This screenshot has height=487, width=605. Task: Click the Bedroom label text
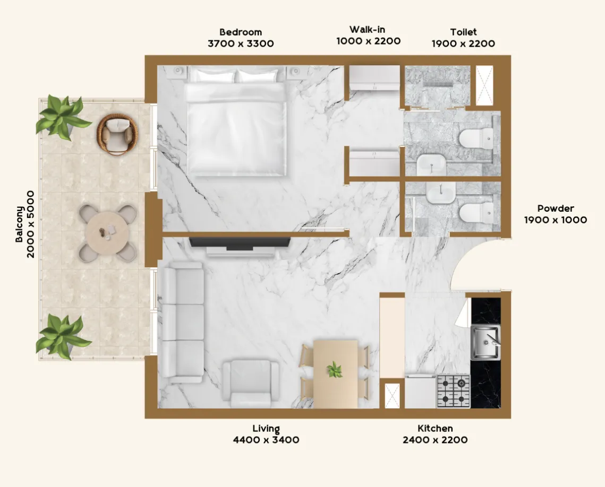pos(241,32)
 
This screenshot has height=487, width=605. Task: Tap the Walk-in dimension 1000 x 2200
pos(368,41)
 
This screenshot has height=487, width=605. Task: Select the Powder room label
pos(555,208)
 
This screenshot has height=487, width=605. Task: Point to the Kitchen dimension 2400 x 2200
pos(435,440)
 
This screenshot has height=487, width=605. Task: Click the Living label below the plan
pos(266,429)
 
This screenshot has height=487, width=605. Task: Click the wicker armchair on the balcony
pos(115,134)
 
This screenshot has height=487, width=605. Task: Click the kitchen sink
pos(485,342)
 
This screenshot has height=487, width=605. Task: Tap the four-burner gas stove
pos(454,391)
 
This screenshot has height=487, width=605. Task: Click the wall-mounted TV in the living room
pos(240,243)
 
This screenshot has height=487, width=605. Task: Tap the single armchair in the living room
pos(250,380)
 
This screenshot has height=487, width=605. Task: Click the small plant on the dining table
pos(335,369)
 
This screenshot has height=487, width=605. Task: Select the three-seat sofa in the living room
pos(182,324)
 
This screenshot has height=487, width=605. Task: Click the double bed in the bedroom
pos(235,126)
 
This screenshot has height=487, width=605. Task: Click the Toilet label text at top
pos(463,32)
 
